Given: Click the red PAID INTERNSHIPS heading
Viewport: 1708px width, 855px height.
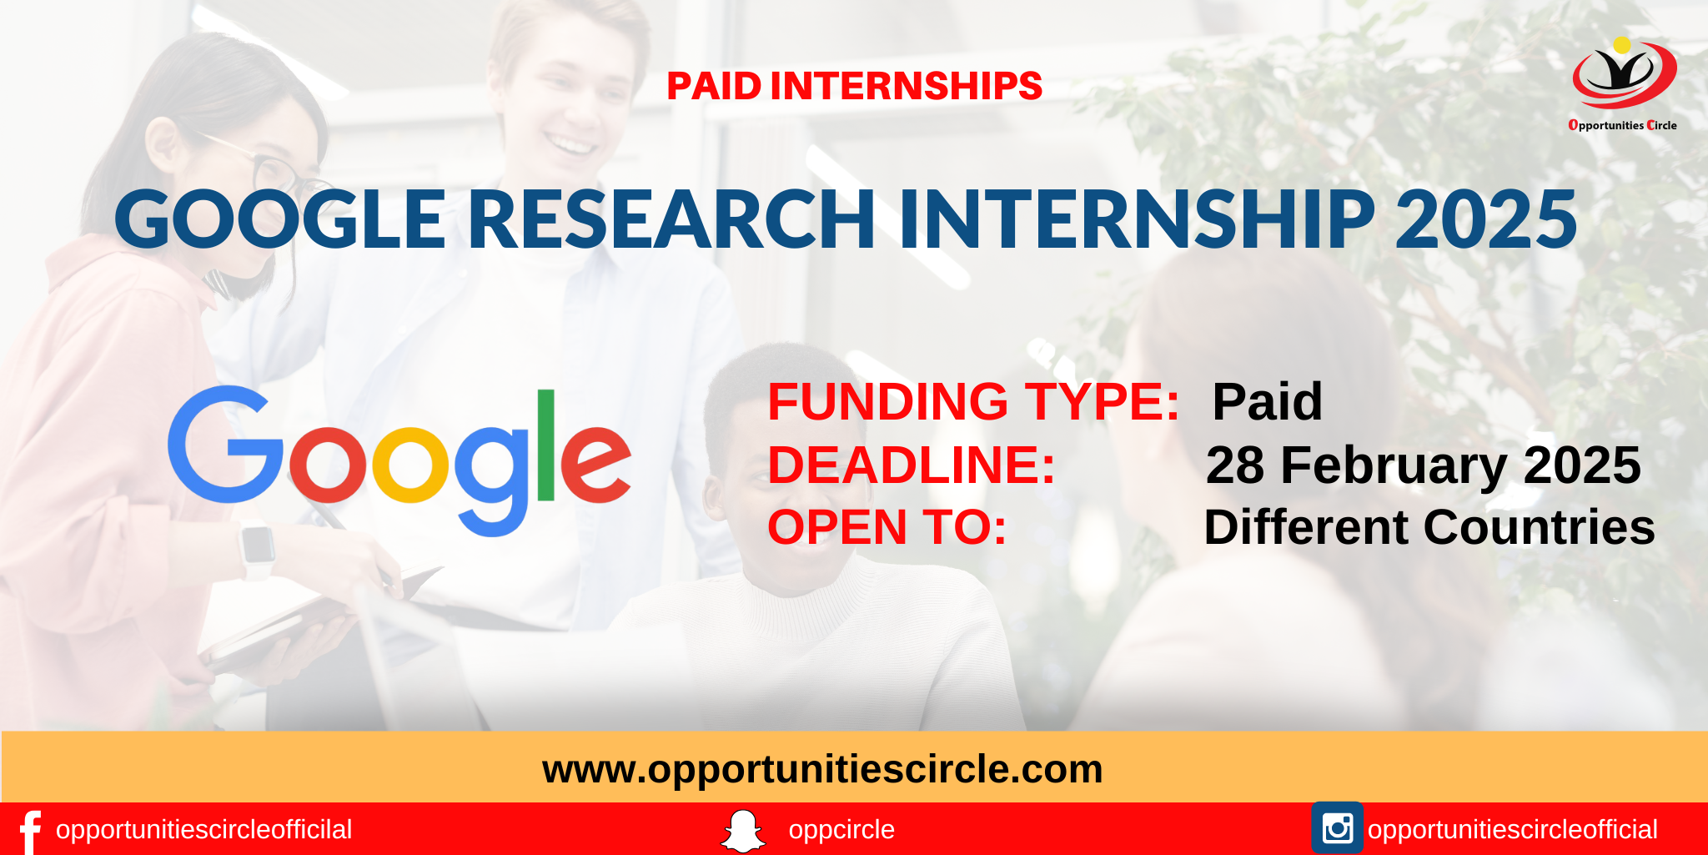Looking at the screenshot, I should click(x=854, y=86).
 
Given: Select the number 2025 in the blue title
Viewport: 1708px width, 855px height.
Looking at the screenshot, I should click(x=1485, y=219).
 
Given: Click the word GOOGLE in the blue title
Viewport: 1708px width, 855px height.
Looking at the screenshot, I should click(x=280, y=219).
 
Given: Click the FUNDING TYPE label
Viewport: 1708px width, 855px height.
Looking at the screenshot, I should click(x=973, y=402).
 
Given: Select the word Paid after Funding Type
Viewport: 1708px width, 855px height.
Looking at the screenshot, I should click(x=1267, y=402).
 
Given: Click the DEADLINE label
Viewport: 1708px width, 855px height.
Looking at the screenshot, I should click(x=911, y=465).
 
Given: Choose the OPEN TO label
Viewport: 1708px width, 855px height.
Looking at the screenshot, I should click(x=887, y=528).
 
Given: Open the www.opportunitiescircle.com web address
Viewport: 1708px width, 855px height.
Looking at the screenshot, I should click(x=822, y=769).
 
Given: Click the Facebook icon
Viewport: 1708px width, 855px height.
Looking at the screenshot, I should click(x=30, y=831).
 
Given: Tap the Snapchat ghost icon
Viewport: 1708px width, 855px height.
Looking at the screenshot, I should click(x=742, y=831).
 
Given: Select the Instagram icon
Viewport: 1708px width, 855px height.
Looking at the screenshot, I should click(x=1337, y=828).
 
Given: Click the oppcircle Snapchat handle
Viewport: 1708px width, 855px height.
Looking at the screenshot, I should click(x=841, y=830).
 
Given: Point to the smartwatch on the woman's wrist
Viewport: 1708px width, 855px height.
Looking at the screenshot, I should click(x=257, y=546).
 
